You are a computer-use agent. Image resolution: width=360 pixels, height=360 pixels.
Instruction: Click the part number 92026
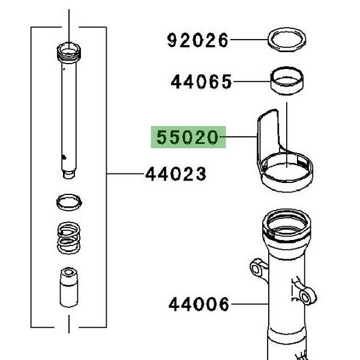coord(197,40)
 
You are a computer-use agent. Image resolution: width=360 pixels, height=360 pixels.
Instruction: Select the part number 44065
coord(202,82)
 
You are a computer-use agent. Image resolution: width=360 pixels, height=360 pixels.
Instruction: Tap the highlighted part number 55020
coord(187,137)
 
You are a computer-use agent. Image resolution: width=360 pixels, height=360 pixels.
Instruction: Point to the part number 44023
coord(176,174)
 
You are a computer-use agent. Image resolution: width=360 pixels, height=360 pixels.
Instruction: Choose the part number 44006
coord(199,304)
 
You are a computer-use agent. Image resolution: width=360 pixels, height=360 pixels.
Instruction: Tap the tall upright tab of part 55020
coord(268,133)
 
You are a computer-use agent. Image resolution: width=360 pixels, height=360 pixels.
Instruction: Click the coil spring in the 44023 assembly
coord(68,238)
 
